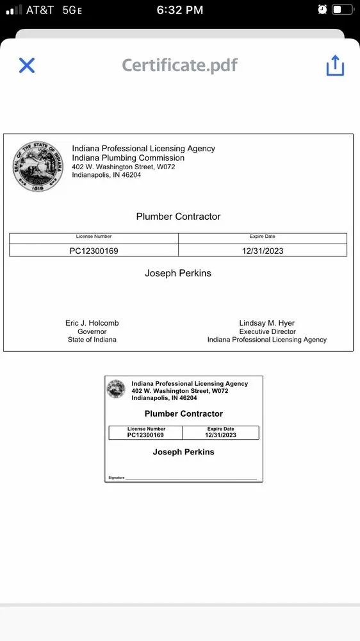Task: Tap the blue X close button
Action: (x=27, y=65)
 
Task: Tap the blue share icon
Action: (x=335, y=65)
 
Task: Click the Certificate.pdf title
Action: (x=180, y=65)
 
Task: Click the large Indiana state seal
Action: (x=38, y=167)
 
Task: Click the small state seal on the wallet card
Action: (x=116, y=389)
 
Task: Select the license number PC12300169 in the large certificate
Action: (x=94, y=251)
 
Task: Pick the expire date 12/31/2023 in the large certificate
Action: (x=263, y=251)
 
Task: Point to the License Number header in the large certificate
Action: (x=94, y=237)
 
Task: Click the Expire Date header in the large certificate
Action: (x=263, y=237)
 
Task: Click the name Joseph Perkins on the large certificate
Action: (x=178, y=273)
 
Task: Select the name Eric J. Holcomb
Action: (x=92, y=323)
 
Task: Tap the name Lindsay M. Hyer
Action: (x=267, y=323)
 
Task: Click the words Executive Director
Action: (x=267, y=331)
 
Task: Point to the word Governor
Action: (x=92, y=331)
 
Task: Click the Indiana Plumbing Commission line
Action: (x=128, y=158)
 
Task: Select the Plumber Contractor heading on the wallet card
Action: (x=184, y=414)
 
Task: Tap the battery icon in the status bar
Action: (x=342, y=10)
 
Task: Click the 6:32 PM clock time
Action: (x=180, y=10)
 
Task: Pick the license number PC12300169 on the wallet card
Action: (x=145, y=435)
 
